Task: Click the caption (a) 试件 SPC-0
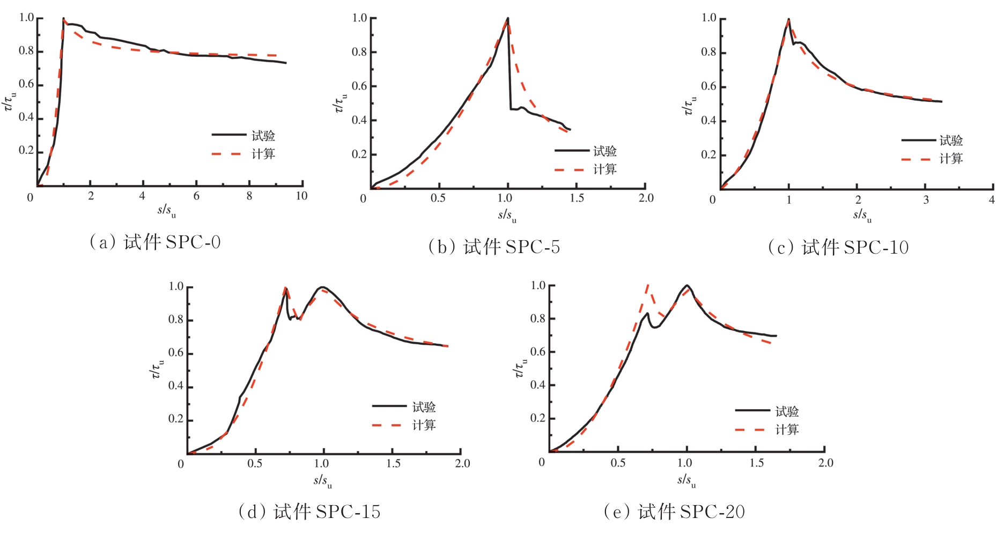coord(154,242)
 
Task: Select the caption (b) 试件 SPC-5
coord(494,247)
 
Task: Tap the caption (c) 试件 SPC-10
coord(838,247)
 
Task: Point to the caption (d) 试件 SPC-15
coord(309,512)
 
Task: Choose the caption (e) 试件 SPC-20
coord(674,512)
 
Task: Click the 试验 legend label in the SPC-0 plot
coord(263,136)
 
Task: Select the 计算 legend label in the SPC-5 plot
coord(605,169)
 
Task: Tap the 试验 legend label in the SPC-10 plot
coord(951,141)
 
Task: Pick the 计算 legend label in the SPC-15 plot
coord(424,425)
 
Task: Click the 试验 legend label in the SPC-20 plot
coord(787,411)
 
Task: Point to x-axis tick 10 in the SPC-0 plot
coord(301,196)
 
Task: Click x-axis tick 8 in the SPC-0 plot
coord(249,196)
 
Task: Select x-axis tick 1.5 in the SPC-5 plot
coord(577,198)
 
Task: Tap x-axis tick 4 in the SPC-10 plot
coord(992,199)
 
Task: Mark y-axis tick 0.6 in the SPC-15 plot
coord(176,353)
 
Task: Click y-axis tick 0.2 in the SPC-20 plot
coord(538,418)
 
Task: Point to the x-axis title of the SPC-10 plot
coord(862,216)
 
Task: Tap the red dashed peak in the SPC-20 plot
coord(648,285)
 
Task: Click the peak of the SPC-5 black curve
coord(507,18)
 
